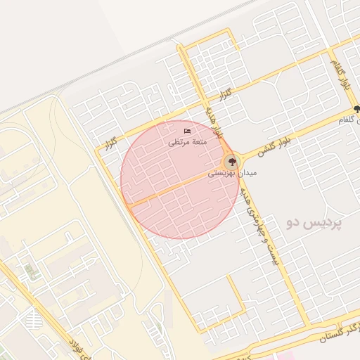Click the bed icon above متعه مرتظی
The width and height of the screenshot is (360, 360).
pos(187,131)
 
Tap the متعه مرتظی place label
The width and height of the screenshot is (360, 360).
pos(186,141)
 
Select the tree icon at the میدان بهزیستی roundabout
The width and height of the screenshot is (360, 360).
pos(231,161)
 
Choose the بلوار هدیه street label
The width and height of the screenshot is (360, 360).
pos(216,120)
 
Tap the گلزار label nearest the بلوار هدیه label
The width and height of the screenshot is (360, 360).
pos(225,94)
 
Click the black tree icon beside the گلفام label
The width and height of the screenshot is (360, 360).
pos(357,109)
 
